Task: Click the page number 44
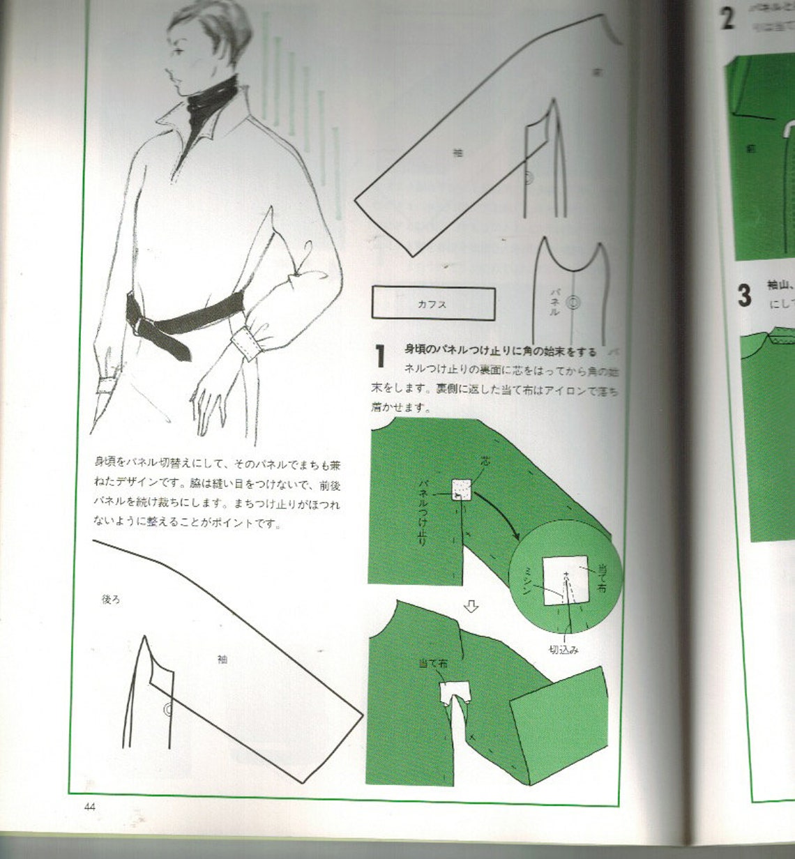(89, 807)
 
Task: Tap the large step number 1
(380, 356)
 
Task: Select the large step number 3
(745, 294)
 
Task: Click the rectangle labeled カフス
(433, 304)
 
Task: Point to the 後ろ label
(112, 599)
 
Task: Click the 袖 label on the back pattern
(222, 659)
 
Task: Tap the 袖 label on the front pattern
(457, 153)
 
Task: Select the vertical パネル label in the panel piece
(555, 301)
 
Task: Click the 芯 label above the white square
(485, 462)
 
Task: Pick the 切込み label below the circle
(563, 650)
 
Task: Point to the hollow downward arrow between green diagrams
(472, 607)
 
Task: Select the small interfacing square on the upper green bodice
(462, 490)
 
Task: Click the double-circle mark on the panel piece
(574, 303)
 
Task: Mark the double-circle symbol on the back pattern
(167, 710)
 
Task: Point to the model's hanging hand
(209, 397)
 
